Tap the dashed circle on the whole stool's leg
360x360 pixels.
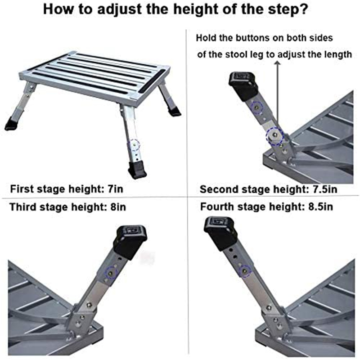(134, 145)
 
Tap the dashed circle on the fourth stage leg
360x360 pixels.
(245, 271)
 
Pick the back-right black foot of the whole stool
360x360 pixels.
(174, 110)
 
